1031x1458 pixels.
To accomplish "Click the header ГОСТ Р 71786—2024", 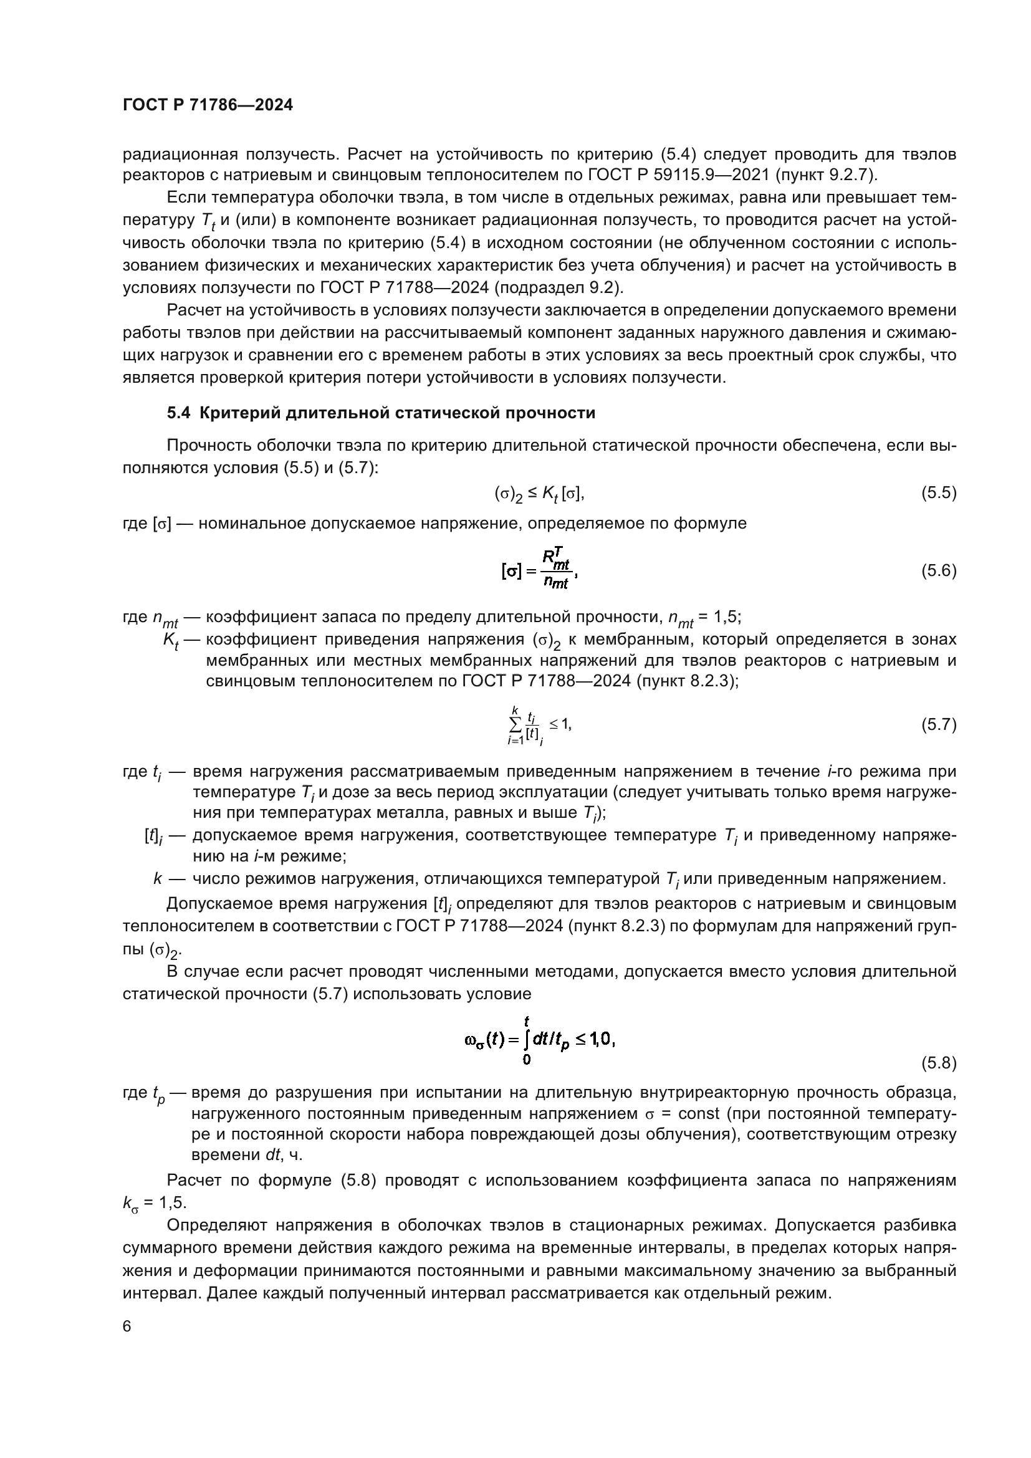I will [x=208, y=105].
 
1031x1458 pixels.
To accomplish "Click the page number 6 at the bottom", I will [x=127, y=1326].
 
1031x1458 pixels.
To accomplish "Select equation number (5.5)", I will [x=938, y=494].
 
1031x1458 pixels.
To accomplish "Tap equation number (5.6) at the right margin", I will [x=938, y=571].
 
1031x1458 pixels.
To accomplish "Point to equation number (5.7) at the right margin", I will [x=938, y=725].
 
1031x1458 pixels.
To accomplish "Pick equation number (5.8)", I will [x=938, y=1063].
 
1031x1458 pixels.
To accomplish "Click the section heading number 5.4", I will [x=178, y=413].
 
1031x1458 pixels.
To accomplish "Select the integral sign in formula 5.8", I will [x=527, y=1040].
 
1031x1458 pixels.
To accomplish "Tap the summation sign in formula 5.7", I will [x=515, y=724].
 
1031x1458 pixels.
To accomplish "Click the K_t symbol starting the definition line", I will [x=171, y=640].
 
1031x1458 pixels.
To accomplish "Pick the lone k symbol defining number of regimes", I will [x=158, y=879].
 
